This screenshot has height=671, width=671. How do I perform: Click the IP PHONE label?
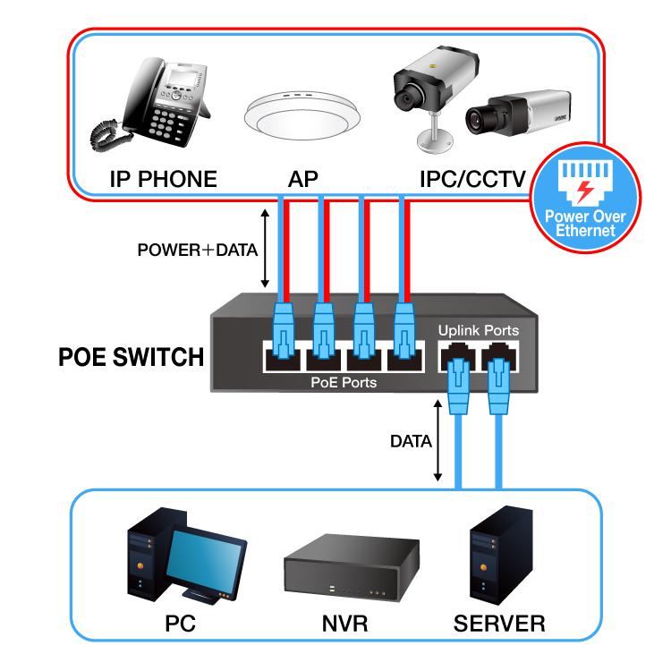[163, 179]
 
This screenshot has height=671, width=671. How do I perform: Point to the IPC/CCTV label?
[471, 179]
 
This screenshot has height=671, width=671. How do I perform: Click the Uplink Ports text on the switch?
[478, 330]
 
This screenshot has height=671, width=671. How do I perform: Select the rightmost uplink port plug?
[498, 383]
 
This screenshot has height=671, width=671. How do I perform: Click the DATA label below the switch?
[412, 441]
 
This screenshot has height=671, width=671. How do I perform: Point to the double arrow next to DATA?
[437, 441]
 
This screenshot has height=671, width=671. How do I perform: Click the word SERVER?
[499, 623]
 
